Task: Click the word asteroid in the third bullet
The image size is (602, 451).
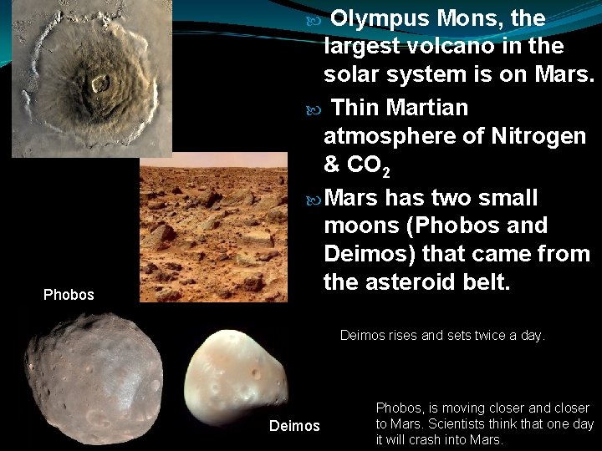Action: (415, 281)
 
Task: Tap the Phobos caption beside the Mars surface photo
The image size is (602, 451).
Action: (69, 295)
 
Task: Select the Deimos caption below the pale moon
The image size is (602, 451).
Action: (294, 427)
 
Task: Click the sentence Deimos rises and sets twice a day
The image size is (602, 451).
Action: (441, 336)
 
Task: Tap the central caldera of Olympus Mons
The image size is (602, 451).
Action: (100, 83)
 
